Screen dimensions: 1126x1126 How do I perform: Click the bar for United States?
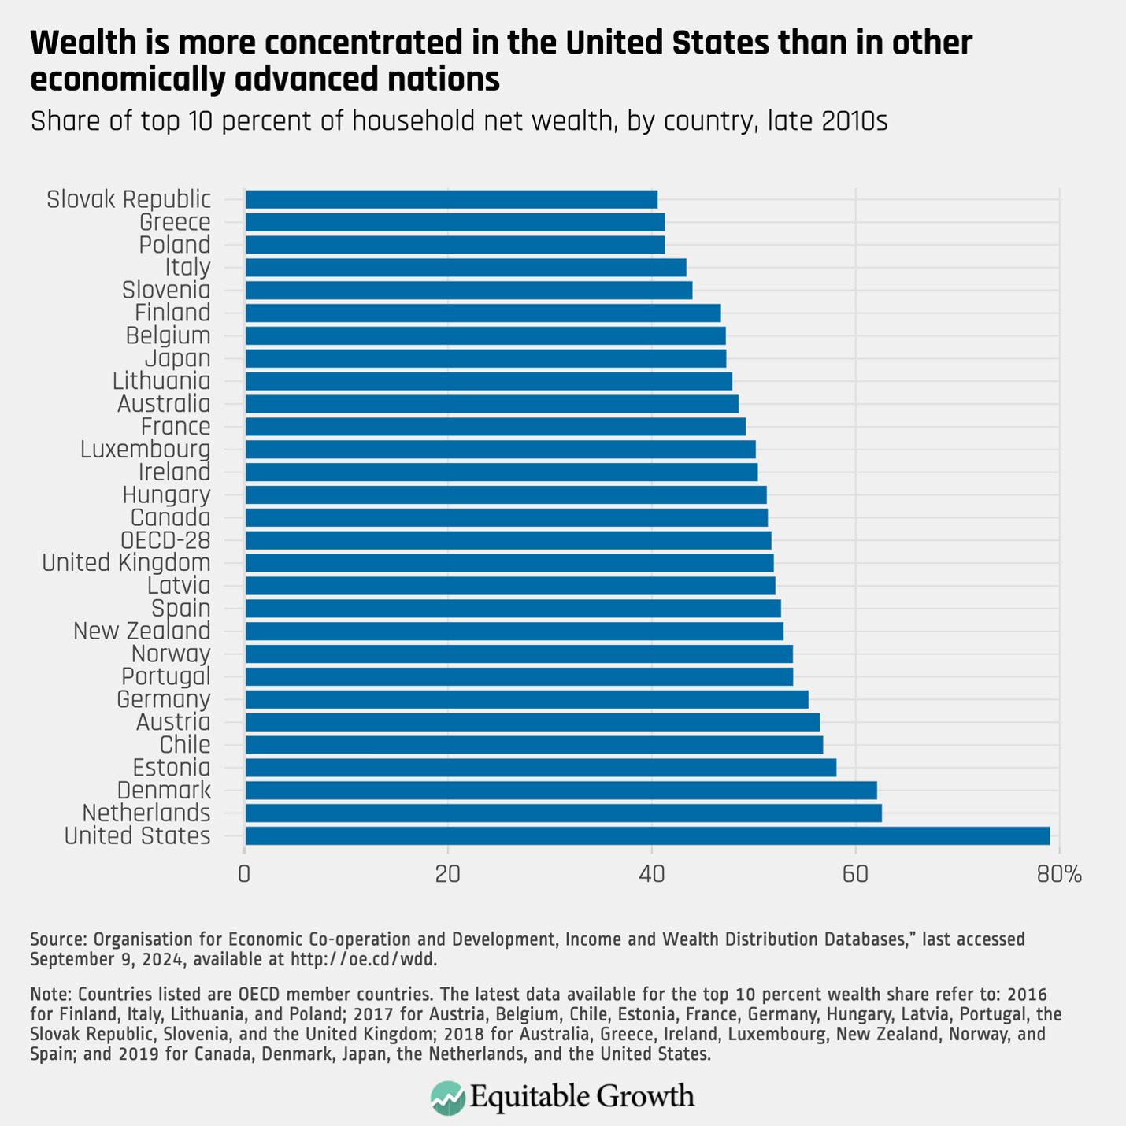(x=647, y=835)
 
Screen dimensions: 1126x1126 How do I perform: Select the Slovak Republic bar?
(x=451, y=199)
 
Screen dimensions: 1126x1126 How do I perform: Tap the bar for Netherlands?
(x=563, y=813)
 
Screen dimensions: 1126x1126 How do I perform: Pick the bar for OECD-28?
(x=508, y=540)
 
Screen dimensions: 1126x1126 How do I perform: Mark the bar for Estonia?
(x=540, y=768)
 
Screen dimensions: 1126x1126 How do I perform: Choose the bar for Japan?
(x=485, y=358)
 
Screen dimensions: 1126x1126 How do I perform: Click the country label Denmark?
(x=164, y=791)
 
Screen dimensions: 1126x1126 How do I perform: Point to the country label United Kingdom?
(x=126, y=563)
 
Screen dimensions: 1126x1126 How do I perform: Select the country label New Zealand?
(x=142, y=632)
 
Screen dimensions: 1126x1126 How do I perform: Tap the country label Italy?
(x=187, y=268)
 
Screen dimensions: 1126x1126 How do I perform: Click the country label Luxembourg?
(x=146, y=450)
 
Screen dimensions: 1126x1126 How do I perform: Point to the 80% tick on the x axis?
(x=1059, y=874)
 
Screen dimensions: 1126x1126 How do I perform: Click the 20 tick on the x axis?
(x=448, y=874)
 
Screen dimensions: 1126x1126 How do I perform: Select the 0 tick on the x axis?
(x=245, y=874)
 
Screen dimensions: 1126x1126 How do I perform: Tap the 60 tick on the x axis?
(x=855, y=874)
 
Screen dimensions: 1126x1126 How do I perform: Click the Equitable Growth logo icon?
(x=448, y=1098)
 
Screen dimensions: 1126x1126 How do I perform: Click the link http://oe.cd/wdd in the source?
(x=363, y=959)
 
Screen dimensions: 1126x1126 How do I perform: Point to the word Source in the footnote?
(x=57, y=939)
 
